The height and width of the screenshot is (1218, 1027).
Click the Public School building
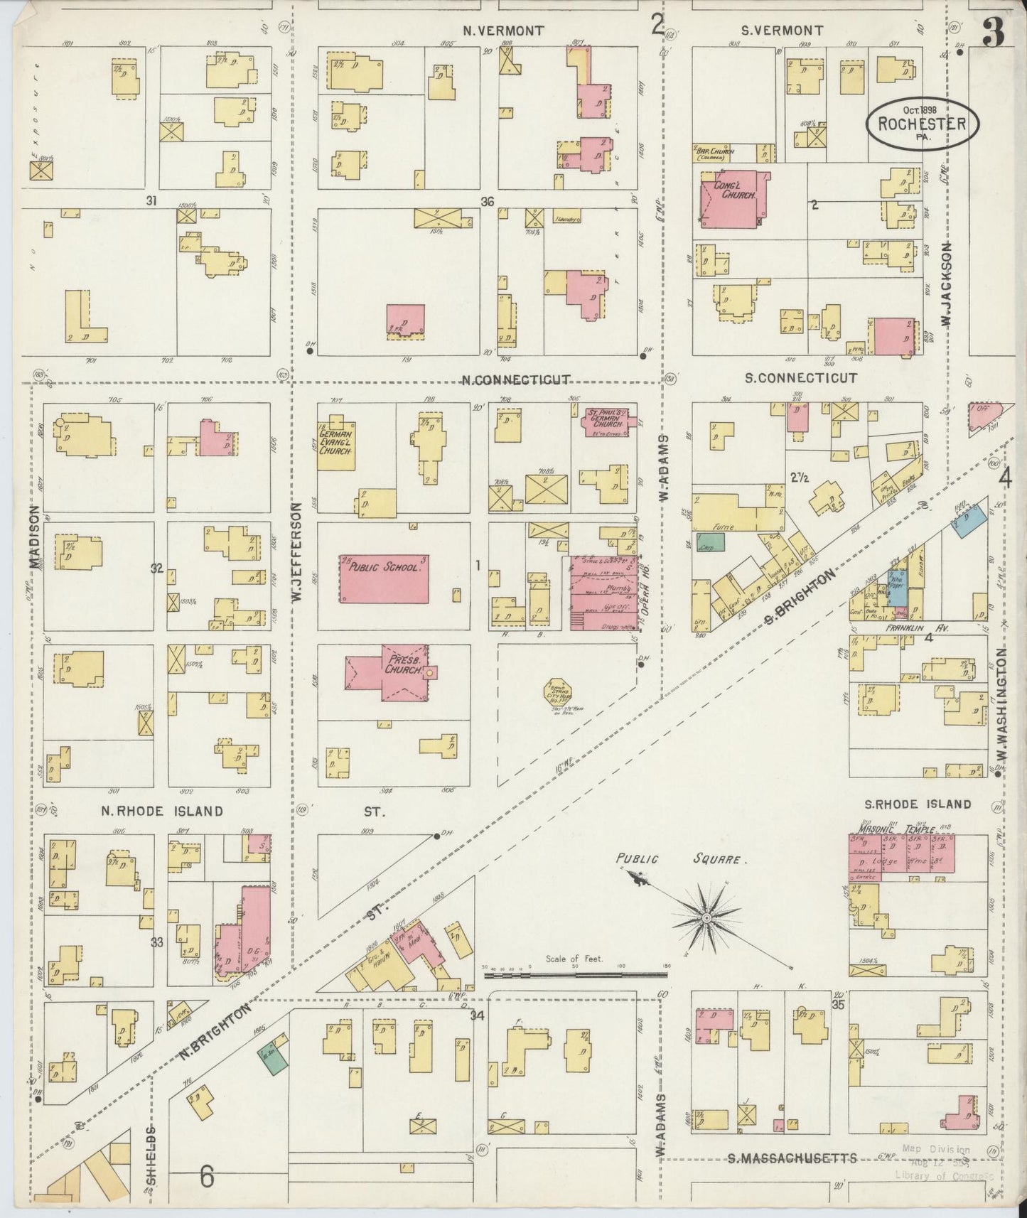[x=384, y=578]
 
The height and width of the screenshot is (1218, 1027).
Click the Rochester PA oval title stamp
[x=922, y=124]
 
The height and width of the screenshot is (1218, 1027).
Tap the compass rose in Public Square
[x=706, y=919]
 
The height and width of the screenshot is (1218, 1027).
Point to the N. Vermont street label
[x=503, y=31]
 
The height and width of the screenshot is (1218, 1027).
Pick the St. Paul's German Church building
[x=608, y=421]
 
